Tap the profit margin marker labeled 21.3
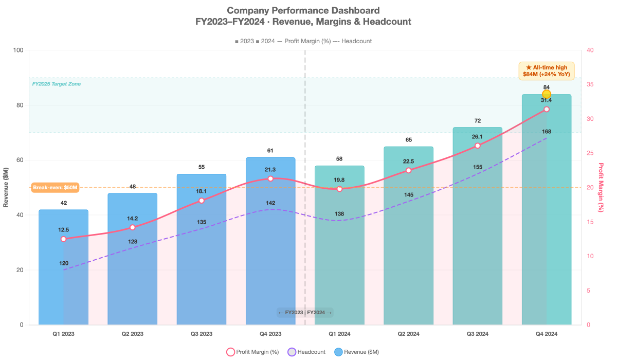click(270, 178)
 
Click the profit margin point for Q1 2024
click(339, 189)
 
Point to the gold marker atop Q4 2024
click(547, 94)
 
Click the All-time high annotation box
click(546, 70)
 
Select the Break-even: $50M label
click(55, 188)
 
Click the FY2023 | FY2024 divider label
click(305, 312)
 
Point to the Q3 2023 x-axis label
click(201, 334)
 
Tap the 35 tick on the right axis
click(590, 85)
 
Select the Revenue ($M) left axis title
click(6, 188)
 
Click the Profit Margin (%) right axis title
click(601, 188)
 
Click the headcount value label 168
click(547, 132)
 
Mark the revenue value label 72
click(477, 121)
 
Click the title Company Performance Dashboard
click(303, 10)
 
